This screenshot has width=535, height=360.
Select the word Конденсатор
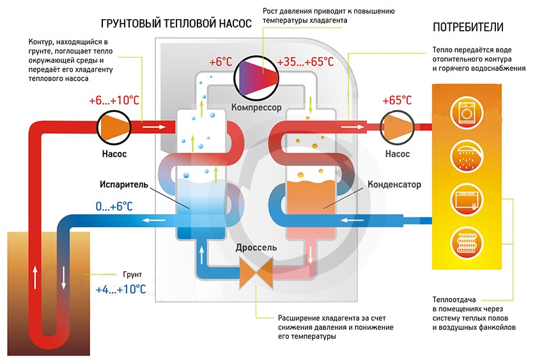click(x=394, y=185)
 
